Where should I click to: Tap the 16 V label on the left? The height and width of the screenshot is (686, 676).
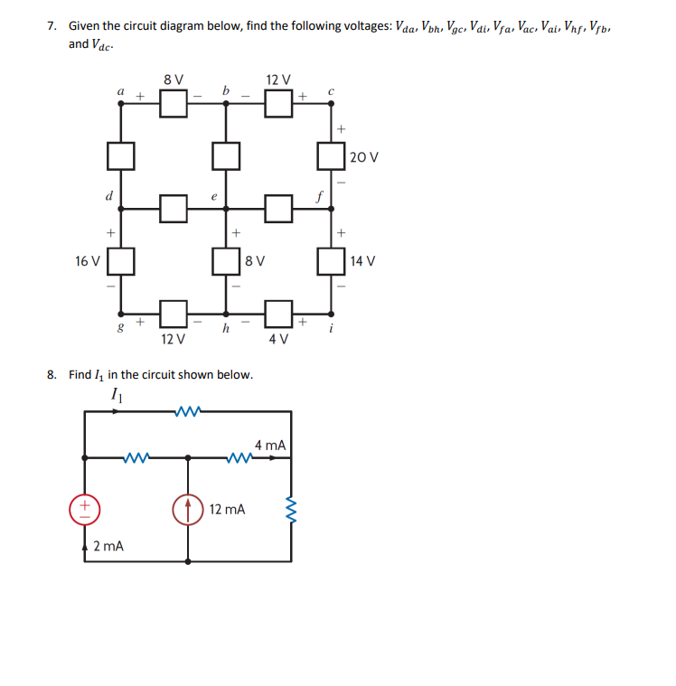coord(88,261)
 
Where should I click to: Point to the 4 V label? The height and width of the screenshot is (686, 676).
coord(277,340)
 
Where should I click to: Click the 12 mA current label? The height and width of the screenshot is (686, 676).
coord(227,510)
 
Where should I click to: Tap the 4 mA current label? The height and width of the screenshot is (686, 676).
coord(270,445)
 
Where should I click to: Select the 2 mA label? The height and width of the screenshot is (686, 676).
coord(108,546)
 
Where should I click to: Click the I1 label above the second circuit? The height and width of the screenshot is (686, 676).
coord(115,394)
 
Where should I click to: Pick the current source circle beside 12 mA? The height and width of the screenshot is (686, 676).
coord(188,510)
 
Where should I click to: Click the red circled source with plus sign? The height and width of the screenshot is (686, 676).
coord(84,510)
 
